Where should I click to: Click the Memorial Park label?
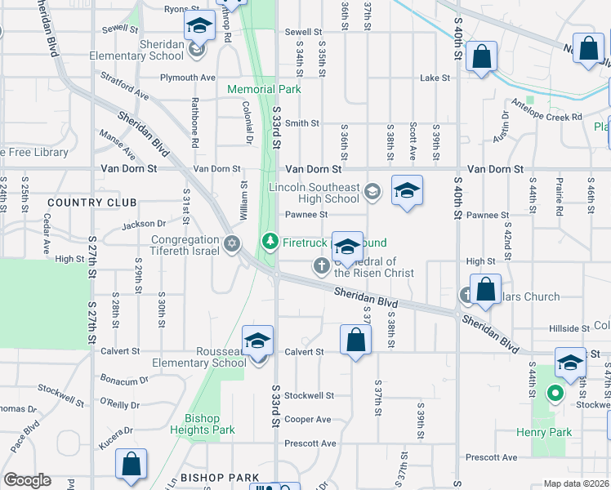point(264,89)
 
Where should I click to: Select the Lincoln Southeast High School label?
point(314,193)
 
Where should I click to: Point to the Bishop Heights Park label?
point(203,424)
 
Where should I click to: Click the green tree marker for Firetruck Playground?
point(270,242)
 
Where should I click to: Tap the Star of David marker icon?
point(232,243)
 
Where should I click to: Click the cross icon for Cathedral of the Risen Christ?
point(322,265)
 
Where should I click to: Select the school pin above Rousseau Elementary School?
point(257,339)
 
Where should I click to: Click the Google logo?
point(28,480)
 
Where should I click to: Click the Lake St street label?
point(435,78)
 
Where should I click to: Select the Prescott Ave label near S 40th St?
point(492,457)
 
